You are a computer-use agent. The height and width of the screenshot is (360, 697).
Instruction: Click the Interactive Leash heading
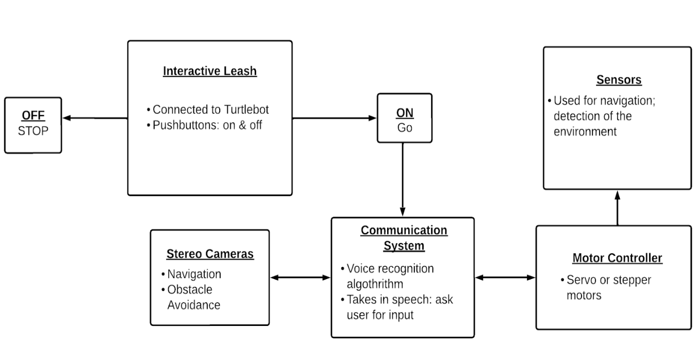pos(210,71)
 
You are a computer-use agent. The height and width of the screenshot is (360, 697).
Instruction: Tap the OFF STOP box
pos(33,125)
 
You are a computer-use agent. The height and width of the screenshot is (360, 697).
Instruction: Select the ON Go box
pos(405,118)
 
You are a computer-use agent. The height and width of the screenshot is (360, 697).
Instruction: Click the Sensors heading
pos(619,80)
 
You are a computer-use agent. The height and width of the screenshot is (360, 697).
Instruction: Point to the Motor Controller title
pos(617,258)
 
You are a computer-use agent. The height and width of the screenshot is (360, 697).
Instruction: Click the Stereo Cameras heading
pos(210,254)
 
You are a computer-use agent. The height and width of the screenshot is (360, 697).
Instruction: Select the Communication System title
pos(404,238)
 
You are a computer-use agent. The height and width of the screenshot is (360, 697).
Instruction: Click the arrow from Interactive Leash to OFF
pos(95,118)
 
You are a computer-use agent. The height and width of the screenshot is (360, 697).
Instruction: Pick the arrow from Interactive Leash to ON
pos(335,118)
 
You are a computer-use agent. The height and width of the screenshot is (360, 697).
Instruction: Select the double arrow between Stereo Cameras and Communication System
pos(300,277)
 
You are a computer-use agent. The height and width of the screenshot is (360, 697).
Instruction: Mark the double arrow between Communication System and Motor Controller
pos(505,277)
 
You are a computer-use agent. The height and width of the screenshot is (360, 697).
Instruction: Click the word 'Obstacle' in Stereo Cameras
pos(190,290)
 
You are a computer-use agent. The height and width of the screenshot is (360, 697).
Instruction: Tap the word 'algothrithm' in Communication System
pos(375,285)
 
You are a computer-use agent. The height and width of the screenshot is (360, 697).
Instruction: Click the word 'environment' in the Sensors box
pos(585,132)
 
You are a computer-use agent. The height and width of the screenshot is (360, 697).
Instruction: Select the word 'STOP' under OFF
pos(33,131)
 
